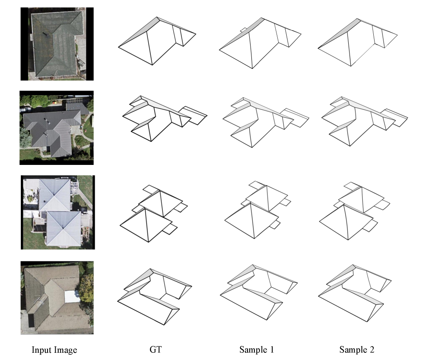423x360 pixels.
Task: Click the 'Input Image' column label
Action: [x=54, y=350]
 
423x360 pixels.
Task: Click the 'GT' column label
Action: [x=155, y=349]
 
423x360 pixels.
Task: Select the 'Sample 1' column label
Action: [x=256, y=349]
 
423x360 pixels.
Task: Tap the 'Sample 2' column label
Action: [x=357, y=349]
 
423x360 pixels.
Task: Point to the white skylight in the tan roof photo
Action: [x=72, y=296]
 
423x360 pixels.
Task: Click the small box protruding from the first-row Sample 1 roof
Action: [x=243, y=30]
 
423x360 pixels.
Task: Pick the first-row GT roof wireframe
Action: [x=157, y=41]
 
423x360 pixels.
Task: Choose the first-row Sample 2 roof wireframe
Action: [x=358, y=43]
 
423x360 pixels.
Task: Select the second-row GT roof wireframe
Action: [x=164, y=118]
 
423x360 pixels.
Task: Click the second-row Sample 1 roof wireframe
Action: [x=266, y=122]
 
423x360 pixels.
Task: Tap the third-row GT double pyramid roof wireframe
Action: [x=154, y=213]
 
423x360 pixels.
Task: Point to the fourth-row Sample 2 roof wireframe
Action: [x=355, y=293]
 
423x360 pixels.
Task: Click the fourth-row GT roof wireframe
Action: [x=155, y=297]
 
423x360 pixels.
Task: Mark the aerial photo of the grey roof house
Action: [x=56, y=128]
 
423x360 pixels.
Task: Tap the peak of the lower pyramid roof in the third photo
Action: [x=63, y=229]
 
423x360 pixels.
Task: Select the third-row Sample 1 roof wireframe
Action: [x=258, y=210]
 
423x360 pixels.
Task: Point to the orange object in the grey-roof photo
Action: [x=56, y=102]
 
